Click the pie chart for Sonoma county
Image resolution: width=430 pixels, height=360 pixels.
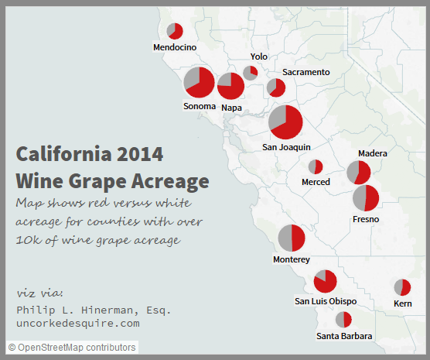[199, 82]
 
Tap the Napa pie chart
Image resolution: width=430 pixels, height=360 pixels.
[230, 86]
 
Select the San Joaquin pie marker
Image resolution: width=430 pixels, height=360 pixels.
[285, 122]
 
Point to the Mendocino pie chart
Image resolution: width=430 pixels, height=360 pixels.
[175, 31]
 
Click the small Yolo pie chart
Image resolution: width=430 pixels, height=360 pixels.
[251, 73]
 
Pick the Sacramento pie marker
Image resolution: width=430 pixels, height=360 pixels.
[276, 87]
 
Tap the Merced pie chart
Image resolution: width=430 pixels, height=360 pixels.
[316, 166]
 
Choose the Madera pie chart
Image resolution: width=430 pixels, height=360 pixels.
[359, 173]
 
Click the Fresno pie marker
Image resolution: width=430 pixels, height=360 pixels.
[366, 198]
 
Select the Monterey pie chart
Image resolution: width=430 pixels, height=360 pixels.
[292, 238]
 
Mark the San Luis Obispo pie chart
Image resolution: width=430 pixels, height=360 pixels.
[325, 281]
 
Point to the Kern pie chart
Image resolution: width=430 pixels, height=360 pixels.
[402, 287]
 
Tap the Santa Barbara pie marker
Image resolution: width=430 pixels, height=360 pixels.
[343, 319]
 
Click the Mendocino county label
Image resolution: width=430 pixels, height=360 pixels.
[175, 47]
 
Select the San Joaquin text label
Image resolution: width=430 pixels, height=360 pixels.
[286, 146]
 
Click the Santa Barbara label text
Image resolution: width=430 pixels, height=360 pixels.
[344, 336]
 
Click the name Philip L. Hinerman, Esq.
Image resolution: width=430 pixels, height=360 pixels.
[94, 310]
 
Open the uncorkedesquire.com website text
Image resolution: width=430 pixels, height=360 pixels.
[77, 323]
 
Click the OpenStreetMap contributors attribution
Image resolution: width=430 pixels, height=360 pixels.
[73, 348]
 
